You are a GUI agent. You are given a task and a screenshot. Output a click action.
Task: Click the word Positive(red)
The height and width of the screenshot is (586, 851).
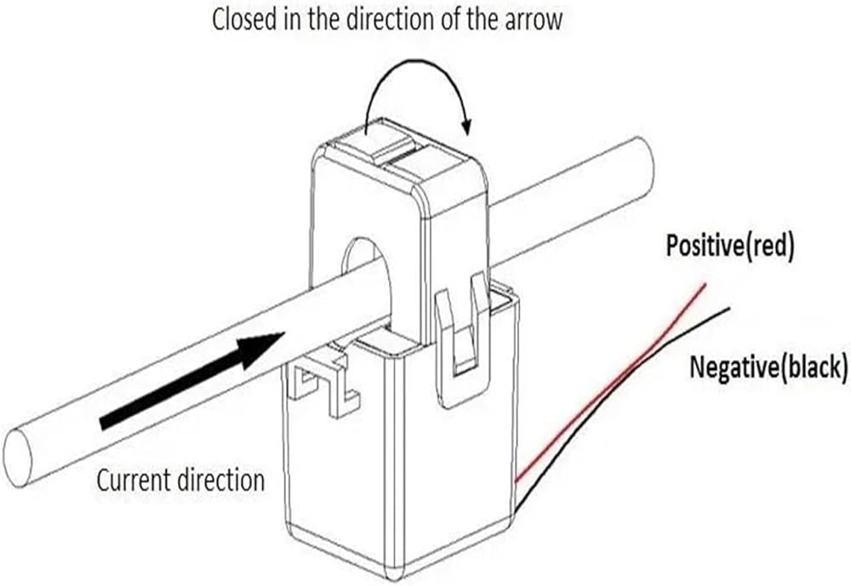(x=729, y=247)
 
